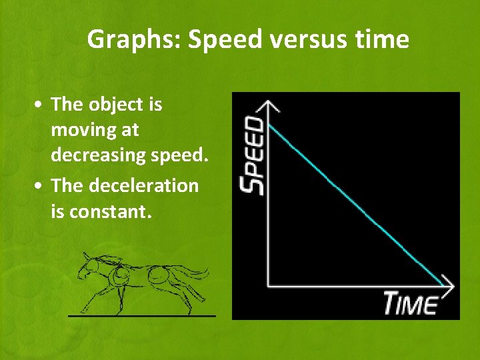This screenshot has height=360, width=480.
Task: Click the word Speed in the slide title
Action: [x=217, y=40]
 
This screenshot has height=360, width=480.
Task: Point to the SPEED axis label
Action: [x=253, y=155]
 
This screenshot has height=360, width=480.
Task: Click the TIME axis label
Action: [x=410, y=303]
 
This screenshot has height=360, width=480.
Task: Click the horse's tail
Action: [x=197, y=273]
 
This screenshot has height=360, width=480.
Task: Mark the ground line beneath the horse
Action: [x=142, y=315]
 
